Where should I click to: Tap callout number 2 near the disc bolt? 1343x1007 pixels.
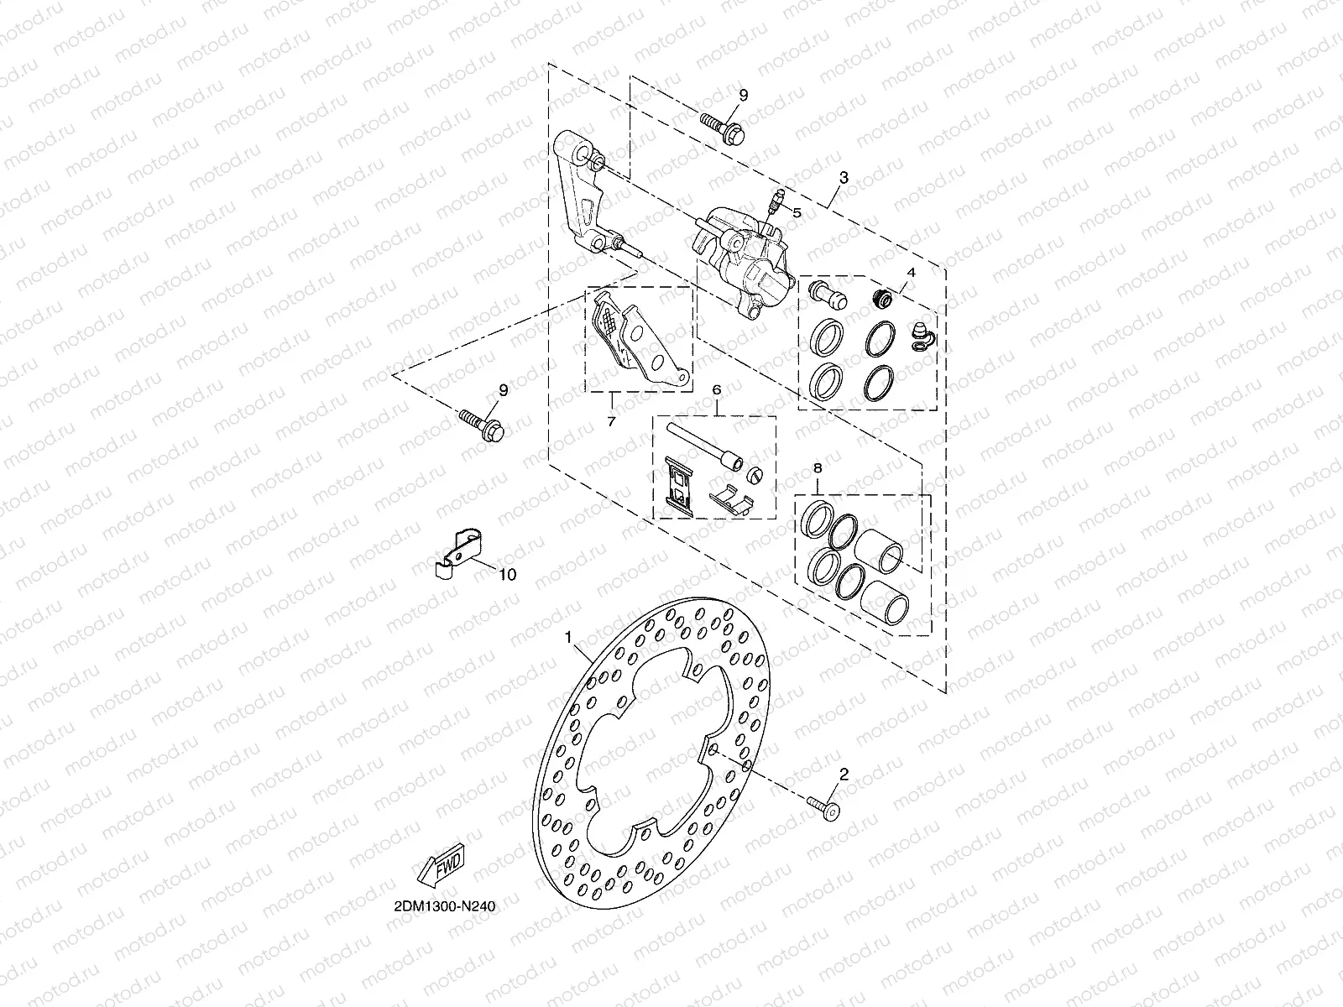(x=844, y=775)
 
